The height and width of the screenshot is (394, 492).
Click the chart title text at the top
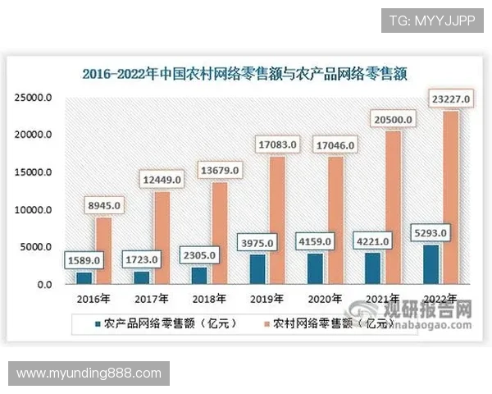tap(245, 73)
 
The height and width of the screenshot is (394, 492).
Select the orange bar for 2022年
tap(450, 197)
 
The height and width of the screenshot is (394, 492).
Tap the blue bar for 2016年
tap(84, 278)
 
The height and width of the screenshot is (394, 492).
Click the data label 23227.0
tap(450, 99)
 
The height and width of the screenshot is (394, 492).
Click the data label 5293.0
tap(430, 234)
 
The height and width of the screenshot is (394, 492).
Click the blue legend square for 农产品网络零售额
tap(98, 323)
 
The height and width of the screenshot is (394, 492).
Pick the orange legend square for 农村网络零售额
tap(264, 323)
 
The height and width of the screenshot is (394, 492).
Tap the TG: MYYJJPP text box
tap(432, 20)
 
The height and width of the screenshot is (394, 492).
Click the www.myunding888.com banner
tap(89, 373)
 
